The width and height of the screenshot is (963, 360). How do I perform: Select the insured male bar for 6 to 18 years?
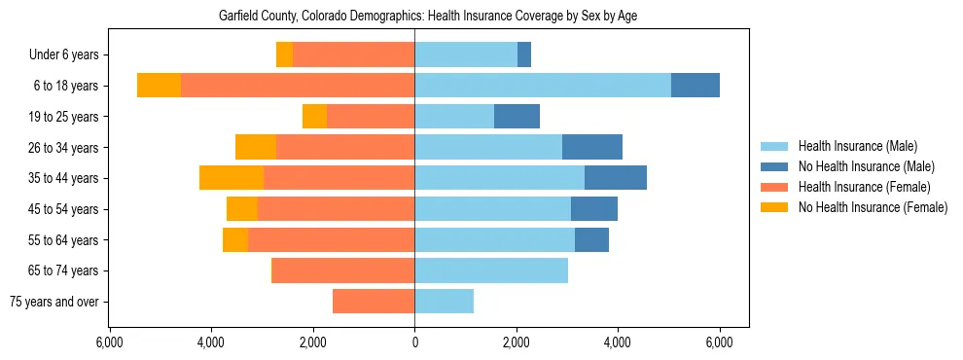(543, 86)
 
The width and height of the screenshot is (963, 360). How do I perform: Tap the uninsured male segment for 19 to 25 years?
(517, 117)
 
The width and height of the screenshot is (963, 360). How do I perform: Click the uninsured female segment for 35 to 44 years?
(232, 178)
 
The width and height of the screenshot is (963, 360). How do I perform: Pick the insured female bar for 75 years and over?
(374, 302)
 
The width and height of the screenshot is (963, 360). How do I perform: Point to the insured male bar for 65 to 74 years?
(491, 270)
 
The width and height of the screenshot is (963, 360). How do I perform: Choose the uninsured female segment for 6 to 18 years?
(159, 86)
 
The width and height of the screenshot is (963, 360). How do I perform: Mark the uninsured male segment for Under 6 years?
(524, 54)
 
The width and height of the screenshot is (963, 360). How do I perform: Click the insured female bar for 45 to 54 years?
(336, 209)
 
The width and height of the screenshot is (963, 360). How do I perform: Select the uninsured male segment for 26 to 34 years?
(592, 147)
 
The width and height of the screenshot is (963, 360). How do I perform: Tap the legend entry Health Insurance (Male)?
(856, 146)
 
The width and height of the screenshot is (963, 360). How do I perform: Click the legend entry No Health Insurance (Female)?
(872, 207)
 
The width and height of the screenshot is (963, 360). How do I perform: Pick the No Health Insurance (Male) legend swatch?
(775, 166)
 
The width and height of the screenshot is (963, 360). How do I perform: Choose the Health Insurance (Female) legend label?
(864, 187)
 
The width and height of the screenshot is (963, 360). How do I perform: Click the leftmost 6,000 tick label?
(109, 342)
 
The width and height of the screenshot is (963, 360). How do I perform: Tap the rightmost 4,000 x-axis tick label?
(618, 342)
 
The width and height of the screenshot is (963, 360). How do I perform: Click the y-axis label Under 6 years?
(63, 55)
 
